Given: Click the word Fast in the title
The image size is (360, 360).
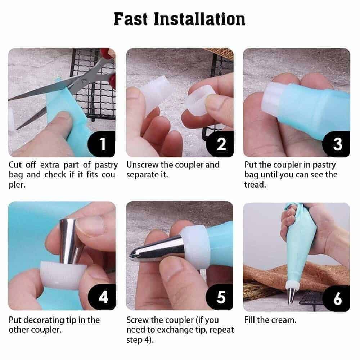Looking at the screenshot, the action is [x=131, y=19].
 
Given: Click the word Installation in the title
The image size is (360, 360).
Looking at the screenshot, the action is [x=199, y=19].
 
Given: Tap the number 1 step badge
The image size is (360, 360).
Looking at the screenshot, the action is [x=102, y=144].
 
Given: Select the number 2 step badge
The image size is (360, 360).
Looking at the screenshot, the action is [x=220, y=144].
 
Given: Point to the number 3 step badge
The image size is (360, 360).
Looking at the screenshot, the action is [x=336, y=144].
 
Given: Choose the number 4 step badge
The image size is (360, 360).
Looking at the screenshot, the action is [x=102, y=297].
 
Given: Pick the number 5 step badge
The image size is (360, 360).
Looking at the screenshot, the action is [x=220, y=297].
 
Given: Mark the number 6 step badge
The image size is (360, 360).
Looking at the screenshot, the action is [x=336, y=298].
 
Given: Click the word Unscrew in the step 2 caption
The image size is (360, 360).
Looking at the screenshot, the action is [x=142, y=165].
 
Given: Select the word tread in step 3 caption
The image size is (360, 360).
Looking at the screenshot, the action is [x=255, y=185].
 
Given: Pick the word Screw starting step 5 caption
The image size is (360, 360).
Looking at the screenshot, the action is [x=138, y=320].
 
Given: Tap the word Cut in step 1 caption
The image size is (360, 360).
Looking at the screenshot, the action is [x=15, y=165].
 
